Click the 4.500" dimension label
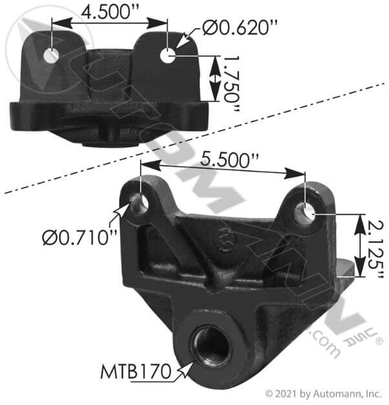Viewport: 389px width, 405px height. tap(110, 12)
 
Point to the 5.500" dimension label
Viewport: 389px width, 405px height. tap(229, 160)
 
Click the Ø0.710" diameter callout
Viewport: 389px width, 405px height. tap(79, 237)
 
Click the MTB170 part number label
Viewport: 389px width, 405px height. tap(136, 371)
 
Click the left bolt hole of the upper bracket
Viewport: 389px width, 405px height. tap(51, 56)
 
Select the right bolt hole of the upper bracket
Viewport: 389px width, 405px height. tap(168, 55)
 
